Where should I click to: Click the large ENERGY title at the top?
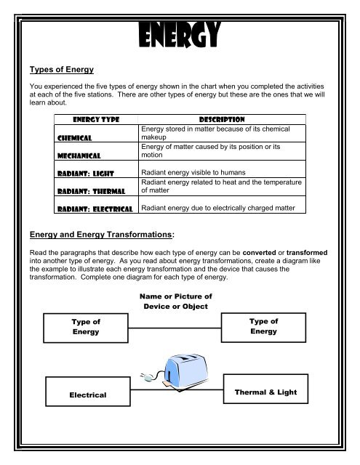click(180, 33)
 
